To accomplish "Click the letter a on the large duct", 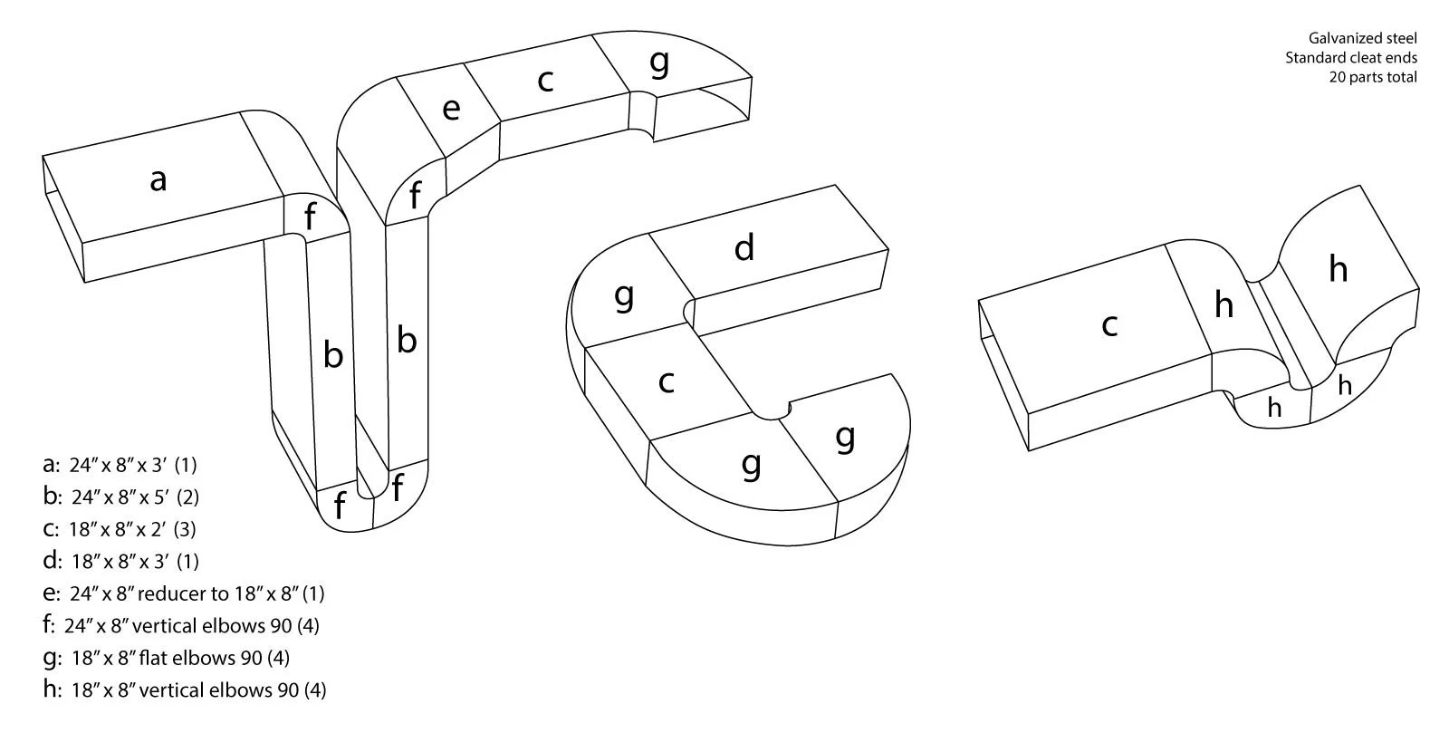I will [x=158, y=179].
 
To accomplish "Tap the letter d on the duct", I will [x=744, y=247].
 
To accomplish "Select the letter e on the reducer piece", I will [x=451, y=109].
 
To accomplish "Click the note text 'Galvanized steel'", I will [x=1362, y=38].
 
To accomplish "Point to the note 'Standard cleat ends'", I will [x=1350, y=58].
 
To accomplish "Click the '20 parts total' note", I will [x=1372, y=77].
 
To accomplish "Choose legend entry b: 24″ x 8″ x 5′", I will [x=121, y=497].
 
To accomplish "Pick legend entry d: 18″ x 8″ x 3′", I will [x=120, y=561].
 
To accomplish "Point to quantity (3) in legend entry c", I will [x=185, y=528].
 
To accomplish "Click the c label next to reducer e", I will [x=544, y=80].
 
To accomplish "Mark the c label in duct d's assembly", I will [x=667, y=381].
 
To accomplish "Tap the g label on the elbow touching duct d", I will [x=623, y=294].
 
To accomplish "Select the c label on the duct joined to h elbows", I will [x=1109, y=323].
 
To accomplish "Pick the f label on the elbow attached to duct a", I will [x=311, y=217].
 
